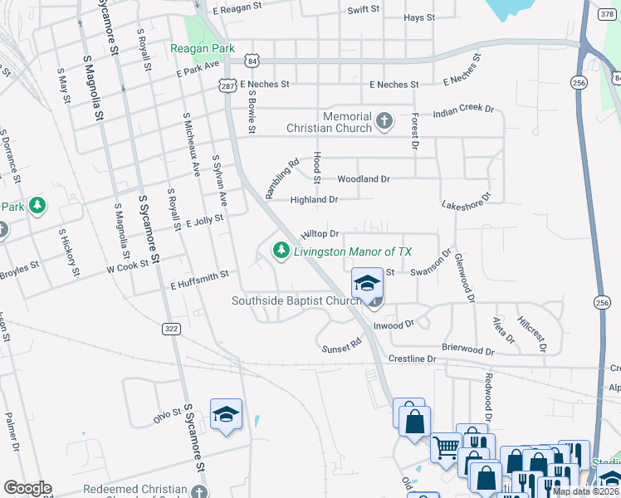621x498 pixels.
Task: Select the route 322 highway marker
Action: [171, 330]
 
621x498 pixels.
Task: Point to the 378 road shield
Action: [605, 14]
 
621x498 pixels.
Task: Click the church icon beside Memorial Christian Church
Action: [383, 121]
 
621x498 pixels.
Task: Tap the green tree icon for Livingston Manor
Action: [281, 251]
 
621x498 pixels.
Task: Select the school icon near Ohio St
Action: [226, 415]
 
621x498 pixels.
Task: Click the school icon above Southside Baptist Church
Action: [366, 283]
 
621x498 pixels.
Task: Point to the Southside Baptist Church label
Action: [296, 301]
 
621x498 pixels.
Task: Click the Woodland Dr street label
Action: [363, 179]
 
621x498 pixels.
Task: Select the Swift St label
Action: [364, 8]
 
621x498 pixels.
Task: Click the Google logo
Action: [27, 488]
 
